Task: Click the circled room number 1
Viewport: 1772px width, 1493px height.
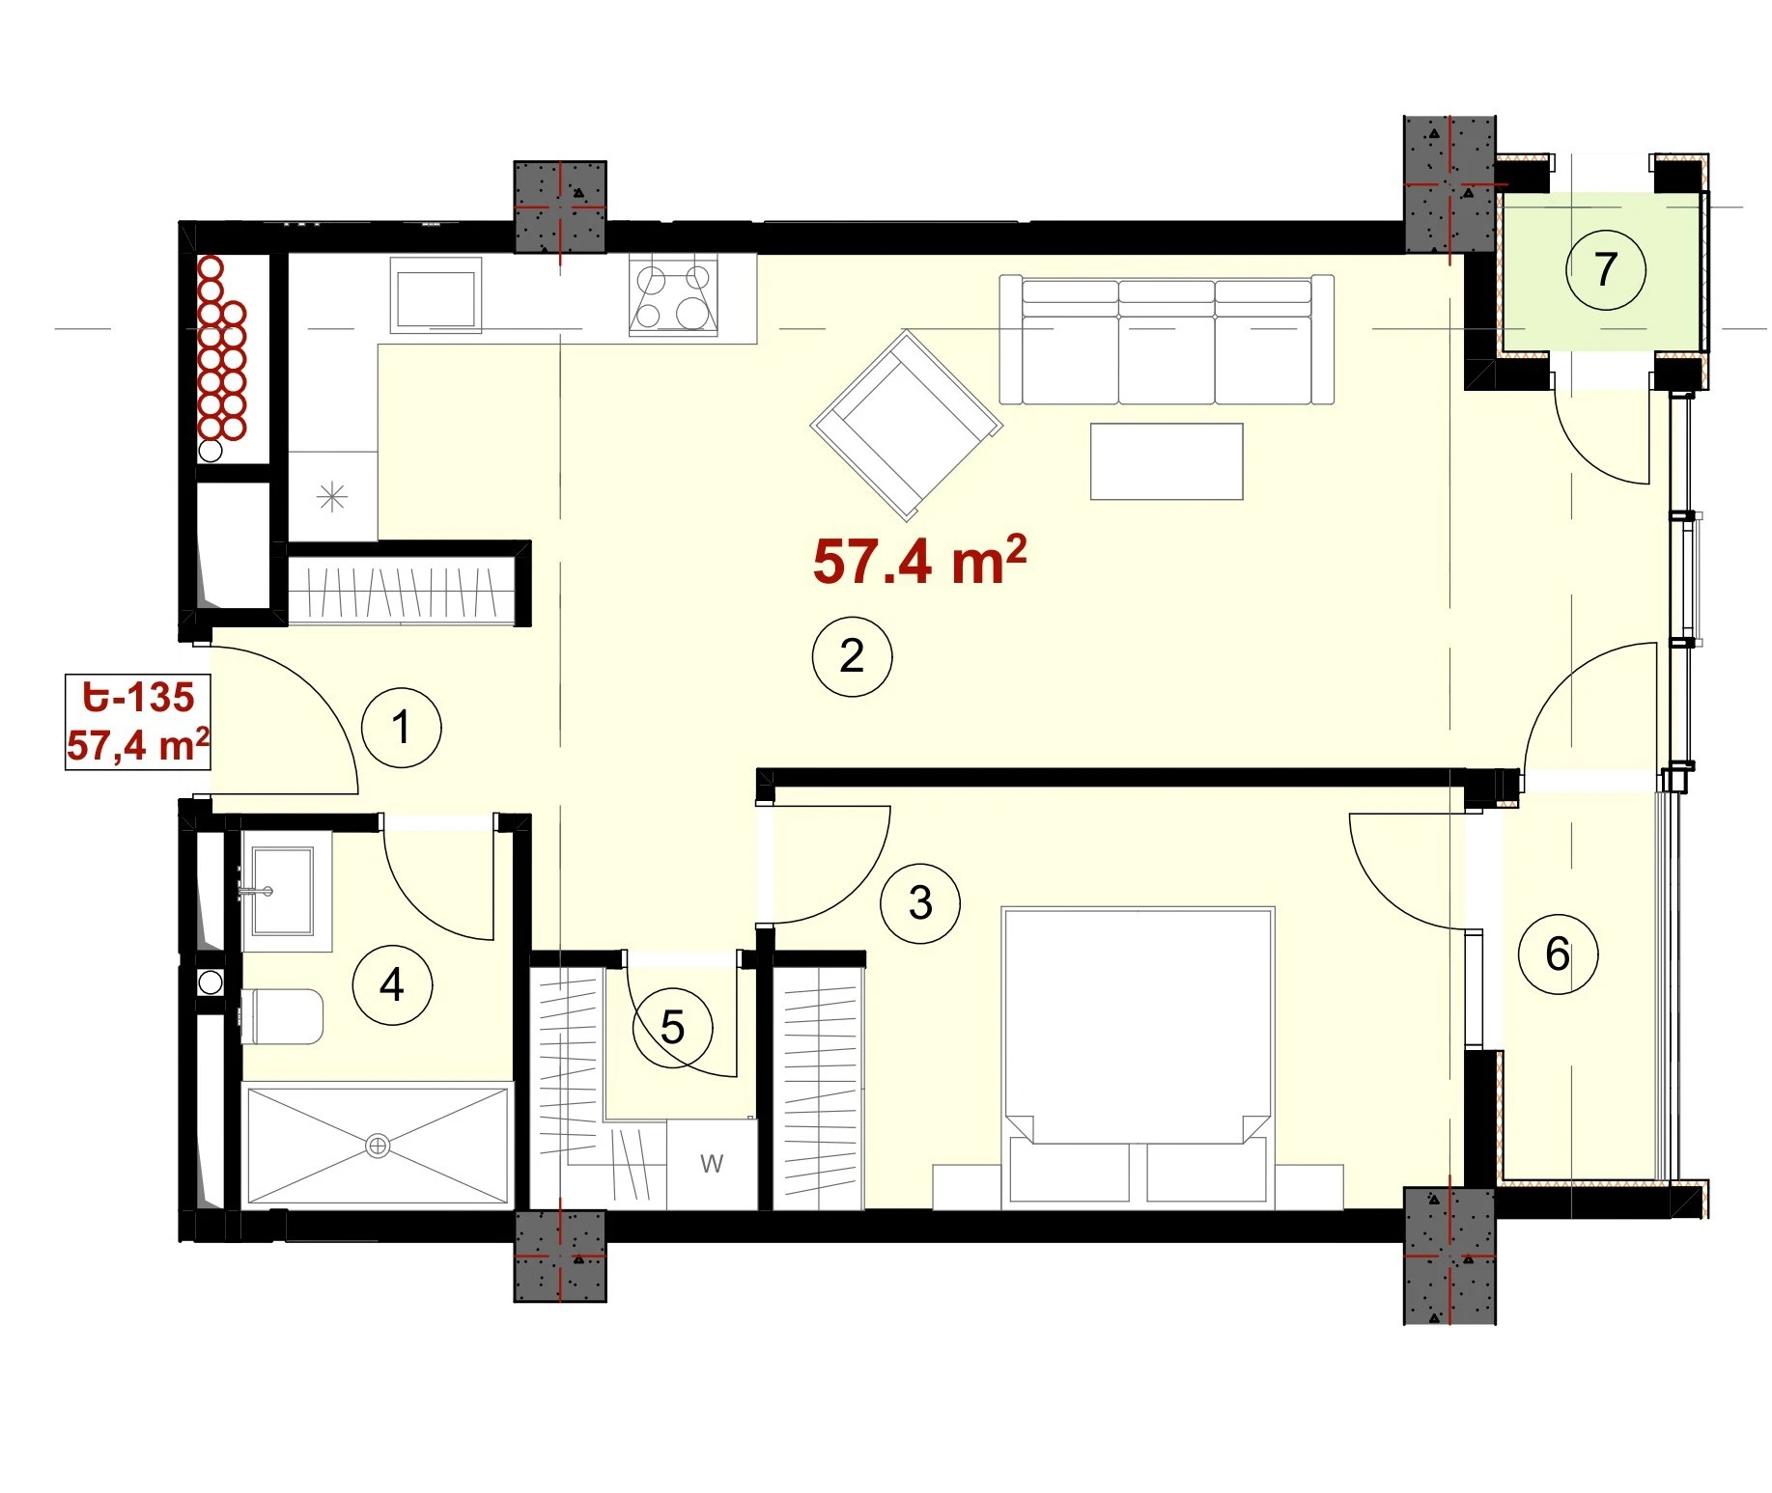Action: coord(401,727)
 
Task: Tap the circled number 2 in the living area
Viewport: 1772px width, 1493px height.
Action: coord(852,656)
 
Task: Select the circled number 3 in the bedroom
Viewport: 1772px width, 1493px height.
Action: coord(920,903)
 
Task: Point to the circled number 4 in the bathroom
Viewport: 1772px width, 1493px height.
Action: coord(392,984)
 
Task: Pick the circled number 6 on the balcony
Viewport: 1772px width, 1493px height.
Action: coord(1558,954)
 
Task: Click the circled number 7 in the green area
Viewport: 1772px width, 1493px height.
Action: coord(1605,269)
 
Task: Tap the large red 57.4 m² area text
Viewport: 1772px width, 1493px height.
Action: coord(919,561)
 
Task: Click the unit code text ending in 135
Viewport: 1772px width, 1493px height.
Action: coord(138,697)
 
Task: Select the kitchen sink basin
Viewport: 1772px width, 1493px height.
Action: coord(436,297)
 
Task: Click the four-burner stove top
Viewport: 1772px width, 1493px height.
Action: coord(673,295)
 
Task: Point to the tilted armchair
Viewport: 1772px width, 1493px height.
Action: coord(906,424)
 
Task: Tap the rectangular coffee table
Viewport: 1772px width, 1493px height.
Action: coord(1167,461)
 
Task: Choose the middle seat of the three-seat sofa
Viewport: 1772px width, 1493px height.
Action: coord(1167,342)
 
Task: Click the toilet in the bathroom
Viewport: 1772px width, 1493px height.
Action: coord(282,1016)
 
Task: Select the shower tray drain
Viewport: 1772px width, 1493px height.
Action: coord(378,1146)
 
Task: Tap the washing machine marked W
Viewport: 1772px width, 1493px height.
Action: coord(712,1163)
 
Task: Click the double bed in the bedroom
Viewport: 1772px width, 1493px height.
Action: coord(1139,1057)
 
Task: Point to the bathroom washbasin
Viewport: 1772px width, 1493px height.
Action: coord(282,892)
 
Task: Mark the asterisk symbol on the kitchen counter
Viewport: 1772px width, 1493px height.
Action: coord(332,497)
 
